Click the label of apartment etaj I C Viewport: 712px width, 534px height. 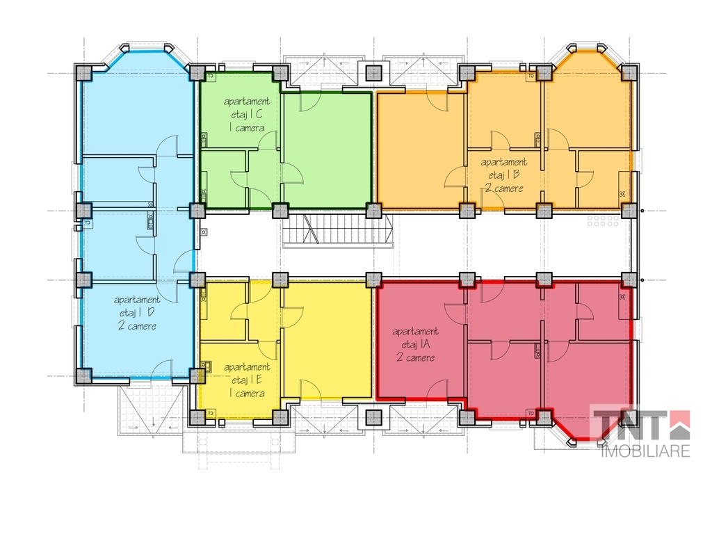pyautogui.click(x=247, y=115)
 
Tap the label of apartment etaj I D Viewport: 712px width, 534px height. pyautogui.click(x=137, y=313)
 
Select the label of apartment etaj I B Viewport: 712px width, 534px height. pyautogui.click(x=503, y=175)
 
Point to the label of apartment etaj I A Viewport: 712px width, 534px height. pyautogui.click(x=416, y=344)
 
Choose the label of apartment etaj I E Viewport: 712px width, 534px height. pyautogui.click(x=247, y=380)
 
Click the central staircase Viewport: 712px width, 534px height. pyautogui.click(x=337, y=231)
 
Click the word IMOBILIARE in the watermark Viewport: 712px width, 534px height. pyautogui.click(x=645, y=451)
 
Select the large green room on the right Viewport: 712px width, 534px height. pyautogui.click(x=327, y=150)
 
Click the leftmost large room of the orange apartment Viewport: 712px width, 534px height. pyautogui.click(x=420, y=150)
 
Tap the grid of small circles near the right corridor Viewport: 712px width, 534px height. pyautogui.click(x=603, y=220)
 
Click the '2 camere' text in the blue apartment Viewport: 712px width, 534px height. pyautogui.click(x=137, y=325)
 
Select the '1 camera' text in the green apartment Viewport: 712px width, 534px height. pyautogui.click(x=247, y=128)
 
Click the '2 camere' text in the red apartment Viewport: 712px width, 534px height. pyautogui.click(x=416, y=357)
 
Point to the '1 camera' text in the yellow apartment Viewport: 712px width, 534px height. pyautogui.click(x=247, y=394)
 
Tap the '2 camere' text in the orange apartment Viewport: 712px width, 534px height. pyautogui.click(x=503, y=188)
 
